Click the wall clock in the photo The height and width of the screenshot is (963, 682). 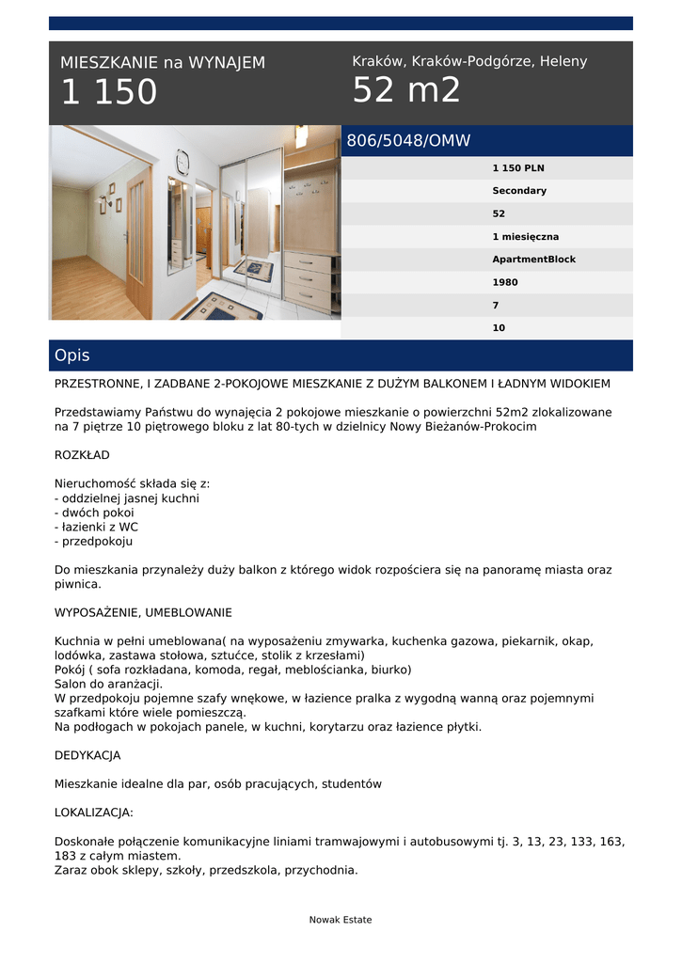182,162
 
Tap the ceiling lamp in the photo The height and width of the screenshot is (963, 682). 301,136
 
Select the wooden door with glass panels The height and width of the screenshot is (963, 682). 138,243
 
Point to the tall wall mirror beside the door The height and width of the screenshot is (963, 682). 175,226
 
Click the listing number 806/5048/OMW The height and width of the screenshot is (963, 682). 408,141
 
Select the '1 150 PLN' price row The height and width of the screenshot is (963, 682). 518,168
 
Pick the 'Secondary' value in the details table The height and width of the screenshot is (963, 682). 519,191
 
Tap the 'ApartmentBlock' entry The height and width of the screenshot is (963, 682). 533,260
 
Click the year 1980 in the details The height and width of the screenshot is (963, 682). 505,282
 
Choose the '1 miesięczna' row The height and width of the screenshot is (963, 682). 525,237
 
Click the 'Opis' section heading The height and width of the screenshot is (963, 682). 72,355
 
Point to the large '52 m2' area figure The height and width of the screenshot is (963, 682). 406,91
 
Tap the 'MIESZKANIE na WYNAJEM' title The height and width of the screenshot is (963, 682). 163,63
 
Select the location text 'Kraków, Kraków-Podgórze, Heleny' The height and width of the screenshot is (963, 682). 469,61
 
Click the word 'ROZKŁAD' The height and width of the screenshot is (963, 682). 82,455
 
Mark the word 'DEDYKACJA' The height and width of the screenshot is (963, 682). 87,755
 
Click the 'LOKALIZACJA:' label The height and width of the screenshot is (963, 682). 94,813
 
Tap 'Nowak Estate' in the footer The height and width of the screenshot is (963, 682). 341,920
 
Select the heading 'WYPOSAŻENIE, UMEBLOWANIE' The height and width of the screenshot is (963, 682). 143,612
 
